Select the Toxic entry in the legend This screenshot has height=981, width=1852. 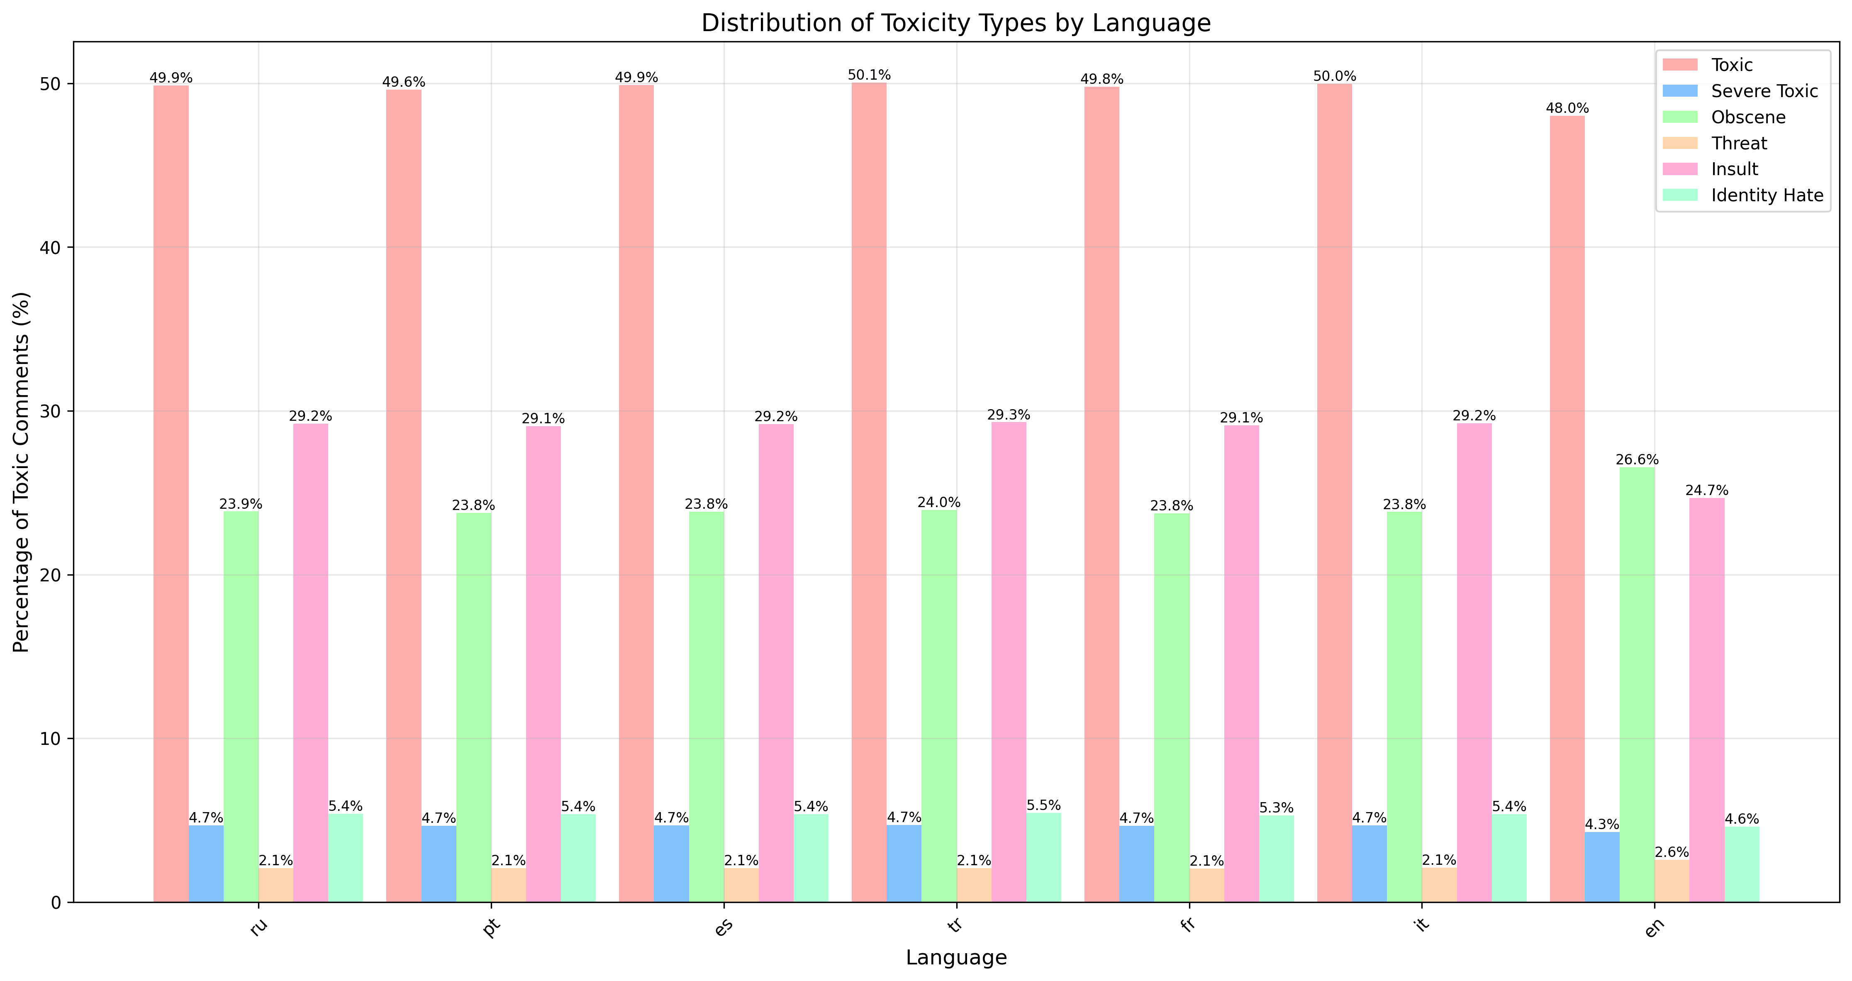[1732, 65]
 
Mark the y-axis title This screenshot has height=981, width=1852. [22, 472]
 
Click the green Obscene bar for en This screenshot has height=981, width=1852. [1637, 683]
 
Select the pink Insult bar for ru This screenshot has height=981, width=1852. [311, 661]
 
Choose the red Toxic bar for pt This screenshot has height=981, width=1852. [403, 496]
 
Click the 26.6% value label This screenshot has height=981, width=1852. [1637, 459]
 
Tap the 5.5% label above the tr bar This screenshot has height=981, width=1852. [1044, 805]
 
